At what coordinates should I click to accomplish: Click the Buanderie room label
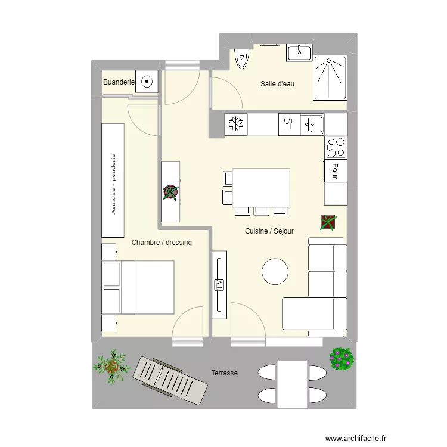[x=119, y=82]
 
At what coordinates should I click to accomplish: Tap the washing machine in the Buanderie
[x=147, y=81]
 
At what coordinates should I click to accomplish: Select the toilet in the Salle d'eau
[x=241, y=59]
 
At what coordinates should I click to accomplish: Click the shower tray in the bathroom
[x=330, y=77]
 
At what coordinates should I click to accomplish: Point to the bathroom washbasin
[x=299, y=52]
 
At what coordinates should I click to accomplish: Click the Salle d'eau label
[x=277, y=84]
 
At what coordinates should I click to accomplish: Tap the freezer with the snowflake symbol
[x=236, y=125]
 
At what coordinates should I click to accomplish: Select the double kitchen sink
[x=312, y=125]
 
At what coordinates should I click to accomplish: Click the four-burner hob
[x=336, y=147]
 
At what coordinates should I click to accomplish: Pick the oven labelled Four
[x=336, y=171]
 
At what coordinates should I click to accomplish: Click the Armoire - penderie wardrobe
[x=113, y=180]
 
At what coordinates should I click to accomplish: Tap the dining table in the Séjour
[x=261, y=188]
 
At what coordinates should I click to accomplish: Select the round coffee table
[x=275, y=271]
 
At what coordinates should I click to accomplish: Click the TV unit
[x=219, y=285]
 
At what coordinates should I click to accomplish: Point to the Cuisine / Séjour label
[x=269, y=231]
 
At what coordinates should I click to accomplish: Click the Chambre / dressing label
[x=162, y=243]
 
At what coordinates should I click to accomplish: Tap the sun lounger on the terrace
[x=170, y=380]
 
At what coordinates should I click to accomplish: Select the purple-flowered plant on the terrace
[x=342, y=359]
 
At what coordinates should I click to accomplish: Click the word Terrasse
[x=224, y=373]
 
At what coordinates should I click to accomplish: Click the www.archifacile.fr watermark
[x=356, y=438]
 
